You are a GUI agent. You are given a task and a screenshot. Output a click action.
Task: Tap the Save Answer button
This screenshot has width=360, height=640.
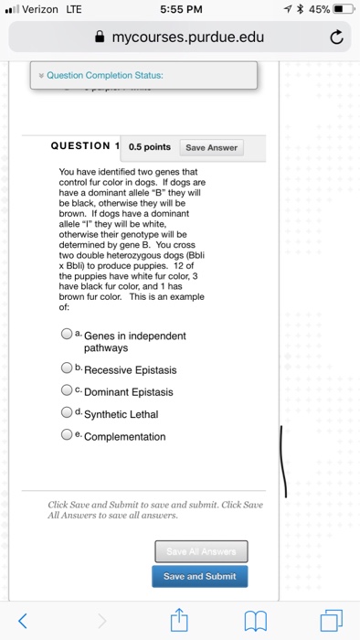(x=211, y=148)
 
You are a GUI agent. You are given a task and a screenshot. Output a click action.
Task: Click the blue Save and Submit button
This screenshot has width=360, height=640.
(x=199, y=576)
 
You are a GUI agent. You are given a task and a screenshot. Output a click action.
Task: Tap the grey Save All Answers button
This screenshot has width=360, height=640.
(x=199, y=551)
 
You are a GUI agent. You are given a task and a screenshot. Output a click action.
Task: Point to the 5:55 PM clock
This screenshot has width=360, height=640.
(x=179, y=12)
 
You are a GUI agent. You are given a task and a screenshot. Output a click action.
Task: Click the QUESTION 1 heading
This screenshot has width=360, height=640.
(x=85, y=147)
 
